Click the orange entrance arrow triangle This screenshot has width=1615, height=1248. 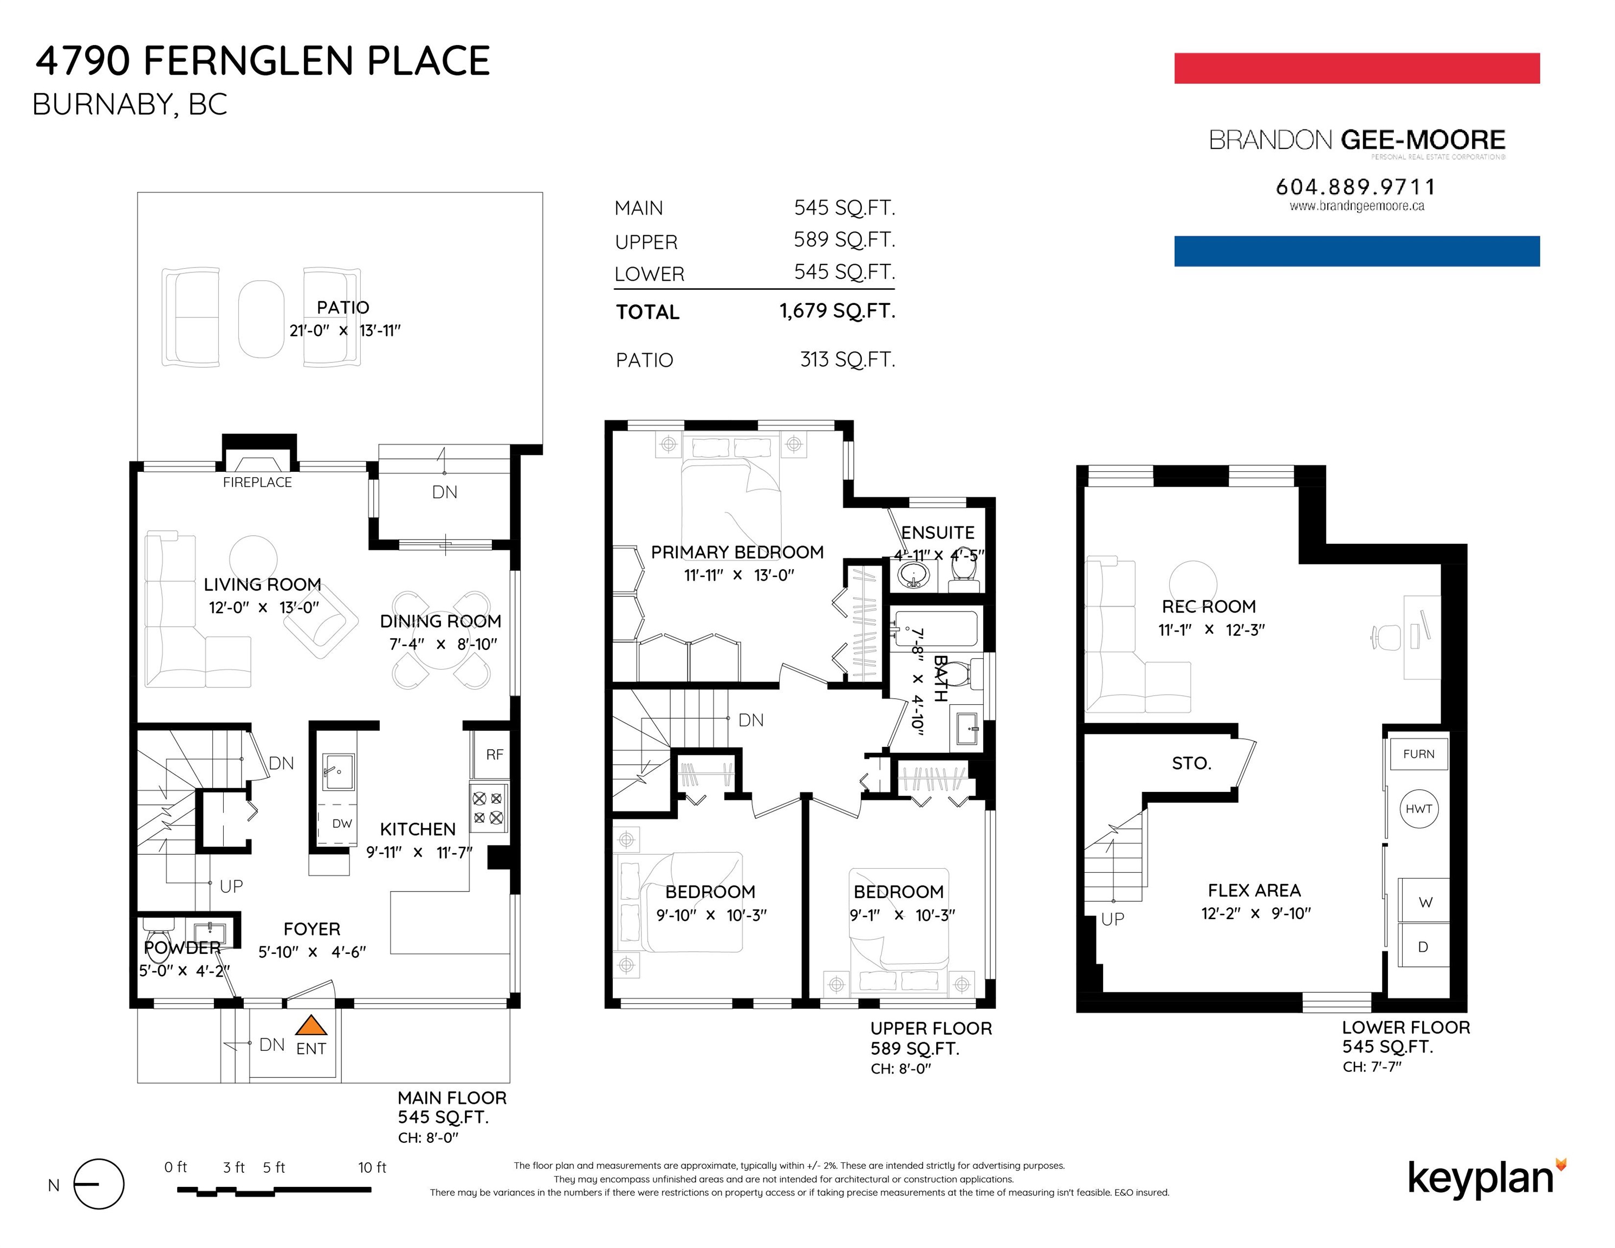(x=312, y=1025)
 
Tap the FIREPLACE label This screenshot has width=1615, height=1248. (x=257, y=482)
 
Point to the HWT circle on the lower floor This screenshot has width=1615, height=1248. (x=1418, y=809)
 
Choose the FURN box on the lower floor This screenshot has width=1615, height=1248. (x=1418, y=754)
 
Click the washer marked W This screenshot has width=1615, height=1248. (x=1424, y=901)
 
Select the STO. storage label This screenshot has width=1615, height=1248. (x=1191, y=764)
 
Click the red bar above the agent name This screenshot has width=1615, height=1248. (x=1357, y=68)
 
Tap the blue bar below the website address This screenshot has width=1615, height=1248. (x=1357, y=251)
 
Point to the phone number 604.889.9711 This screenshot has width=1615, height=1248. (x=1355, y=186)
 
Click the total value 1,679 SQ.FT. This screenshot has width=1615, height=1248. (x=837, y=311)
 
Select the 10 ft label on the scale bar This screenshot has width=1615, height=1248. (x=372, y=1167)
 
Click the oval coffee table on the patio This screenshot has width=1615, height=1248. (x=261, y=318)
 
